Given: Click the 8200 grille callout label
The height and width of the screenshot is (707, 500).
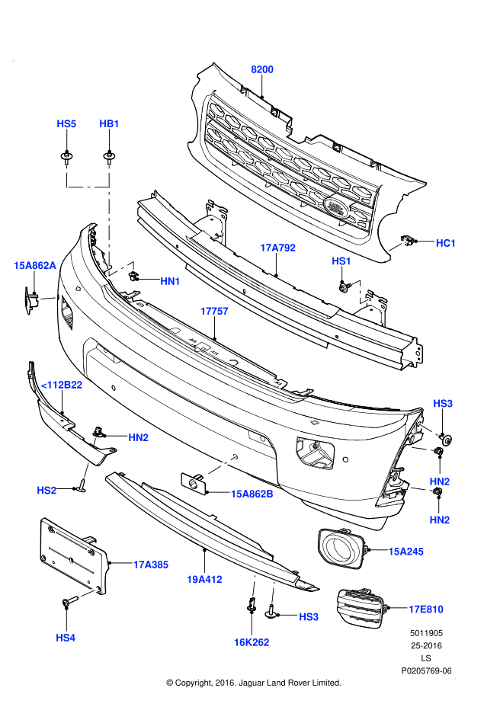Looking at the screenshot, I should click(x=262, y=69).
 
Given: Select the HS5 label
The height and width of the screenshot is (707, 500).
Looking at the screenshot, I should click(x=67, y=123).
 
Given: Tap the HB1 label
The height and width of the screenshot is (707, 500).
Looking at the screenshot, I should click(x=110, y=123).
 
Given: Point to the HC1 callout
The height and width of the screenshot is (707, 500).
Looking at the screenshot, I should click(x=446, y=243).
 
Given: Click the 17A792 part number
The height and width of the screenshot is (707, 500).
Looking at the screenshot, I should click(x=277, y=248).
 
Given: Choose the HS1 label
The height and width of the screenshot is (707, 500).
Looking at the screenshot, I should click(x=341, y=261).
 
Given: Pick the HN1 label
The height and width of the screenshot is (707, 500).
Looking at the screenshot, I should click(x=170, y=281).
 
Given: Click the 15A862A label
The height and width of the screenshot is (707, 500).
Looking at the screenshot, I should click(x=35, y=265).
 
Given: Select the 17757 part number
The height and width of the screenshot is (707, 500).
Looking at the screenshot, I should click(x=214, y=312).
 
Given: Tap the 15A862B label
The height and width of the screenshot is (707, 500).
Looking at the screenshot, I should click(x=252, y=494).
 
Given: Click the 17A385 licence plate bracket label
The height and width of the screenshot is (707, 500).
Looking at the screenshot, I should click(x=151, y=565).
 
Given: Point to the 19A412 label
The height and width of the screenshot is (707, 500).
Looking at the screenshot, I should click(x=204, y=580).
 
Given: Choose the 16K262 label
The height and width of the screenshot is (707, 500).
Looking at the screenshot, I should click(x=252, y=642).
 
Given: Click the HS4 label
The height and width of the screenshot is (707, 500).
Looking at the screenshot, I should click(x=66, y=637).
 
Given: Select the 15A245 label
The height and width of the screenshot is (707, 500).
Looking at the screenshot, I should click(x=405, y=551).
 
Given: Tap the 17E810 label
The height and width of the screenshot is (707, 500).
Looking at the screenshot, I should click(x=425, y=609).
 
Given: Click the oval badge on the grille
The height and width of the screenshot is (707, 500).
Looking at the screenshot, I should click(x=335, y=207).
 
